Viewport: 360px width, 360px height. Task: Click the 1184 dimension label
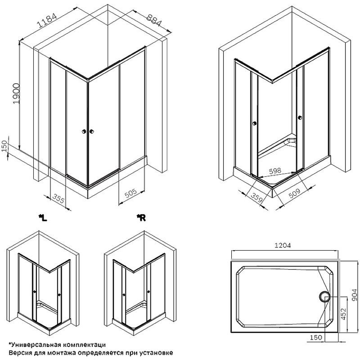click(47, 21)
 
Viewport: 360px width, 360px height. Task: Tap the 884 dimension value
click(154, 20)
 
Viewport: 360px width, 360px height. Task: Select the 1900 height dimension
click(16, 94)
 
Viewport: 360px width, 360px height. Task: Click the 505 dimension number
click(130, 193)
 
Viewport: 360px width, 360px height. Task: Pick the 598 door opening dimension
click(275, 171)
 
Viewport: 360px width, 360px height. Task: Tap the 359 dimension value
click(256, 198)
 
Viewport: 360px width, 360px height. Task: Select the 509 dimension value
click(294, 193)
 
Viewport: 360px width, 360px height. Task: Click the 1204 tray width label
click(283, 245)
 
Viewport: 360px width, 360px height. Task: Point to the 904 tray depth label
click(355, 295)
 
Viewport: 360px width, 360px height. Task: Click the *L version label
click(43, 218)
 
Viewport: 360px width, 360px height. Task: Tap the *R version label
click(141, 218)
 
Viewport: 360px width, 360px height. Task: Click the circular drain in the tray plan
click(324, 297)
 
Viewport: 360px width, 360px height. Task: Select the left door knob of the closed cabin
click(84, 131)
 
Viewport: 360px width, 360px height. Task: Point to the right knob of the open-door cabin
click(300, 117)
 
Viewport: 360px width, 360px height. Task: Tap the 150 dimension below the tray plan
click(316, 337)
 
